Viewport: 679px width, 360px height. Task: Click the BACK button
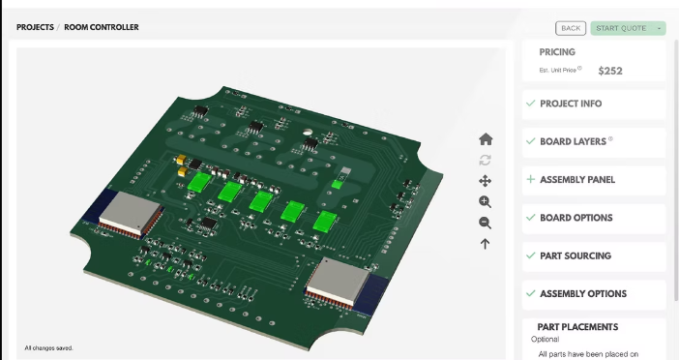click(571, 28)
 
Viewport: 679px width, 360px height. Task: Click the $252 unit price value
click(610, 71)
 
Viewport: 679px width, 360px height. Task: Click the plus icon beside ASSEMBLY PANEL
click(530, 179)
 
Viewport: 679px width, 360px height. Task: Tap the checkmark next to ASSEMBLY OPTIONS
click(530, 293)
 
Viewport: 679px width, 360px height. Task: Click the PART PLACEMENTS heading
click(577, 327)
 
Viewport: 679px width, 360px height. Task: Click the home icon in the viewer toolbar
click(486, 139)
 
